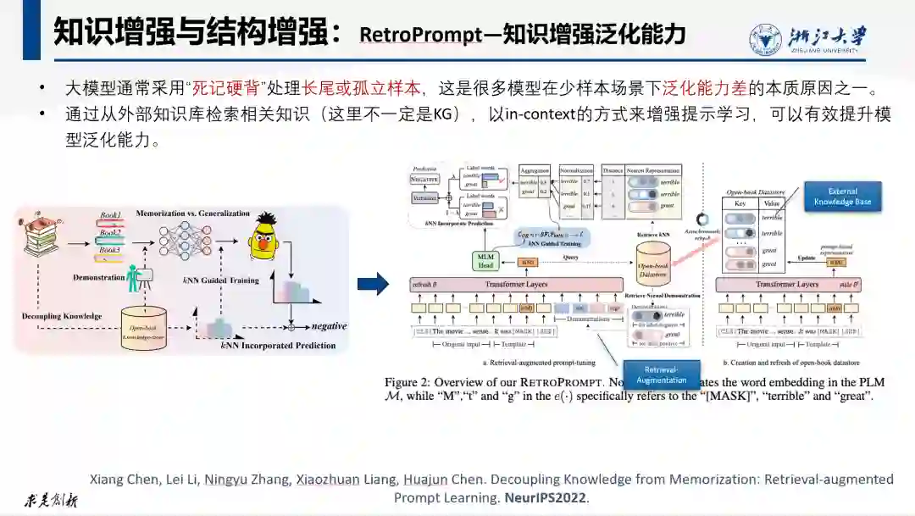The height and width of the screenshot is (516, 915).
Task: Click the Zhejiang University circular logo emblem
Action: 767,40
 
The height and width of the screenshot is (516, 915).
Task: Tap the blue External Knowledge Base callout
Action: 842,197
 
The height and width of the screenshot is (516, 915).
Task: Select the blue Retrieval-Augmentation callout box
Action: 662,375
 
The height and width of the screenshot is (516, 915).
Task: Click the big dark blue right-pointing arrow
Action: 373,284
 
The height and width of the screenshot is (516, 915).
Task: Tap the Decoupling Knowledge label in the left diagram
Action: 62,316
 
